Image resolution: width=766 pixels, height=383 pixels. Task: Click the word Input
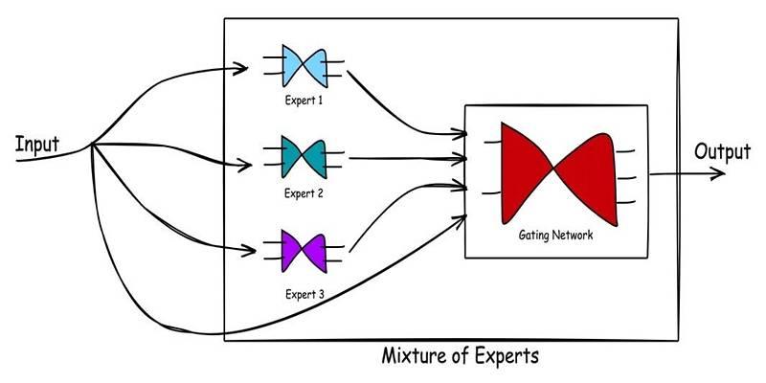[x=37, y=145]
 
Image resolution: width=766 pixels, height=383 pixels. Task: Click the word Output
[x=722, y=152]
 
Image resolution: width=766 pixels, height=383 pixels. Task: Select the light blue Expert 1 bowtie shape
[x=304, y=66]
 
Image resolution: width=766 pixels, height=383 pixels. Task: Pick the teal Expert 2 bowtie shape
[x=304, y=157]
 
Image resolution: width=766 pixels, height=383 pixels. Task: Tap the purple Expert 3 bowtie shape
[x=304, y=251]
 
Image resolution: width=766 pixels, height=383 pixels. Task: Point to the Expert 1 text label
[x=304, y=101]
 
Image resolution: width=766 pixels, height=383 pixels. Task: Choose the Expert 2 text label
[x=304, y=193]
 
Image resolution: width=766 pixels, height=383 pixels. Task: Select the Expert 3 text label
[x=304, y=295]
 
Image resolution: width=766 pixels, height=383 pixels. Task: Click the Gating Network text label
[x=555, y=236]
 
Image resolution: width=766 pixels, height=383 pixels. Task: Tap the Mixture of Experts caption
[x=461, y=355]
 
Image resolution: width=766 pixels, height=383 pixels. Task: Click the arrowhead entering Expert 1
[x=240, y=68]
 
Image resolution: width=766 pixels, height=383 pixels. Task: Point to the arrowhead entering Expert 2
[x=244, y=165]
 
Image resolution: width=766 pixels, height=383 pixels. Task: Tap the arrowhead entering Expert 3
[x=248, y=251]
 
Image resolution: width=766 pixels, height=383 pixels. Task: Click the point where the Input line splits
[x=92, y=145]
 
